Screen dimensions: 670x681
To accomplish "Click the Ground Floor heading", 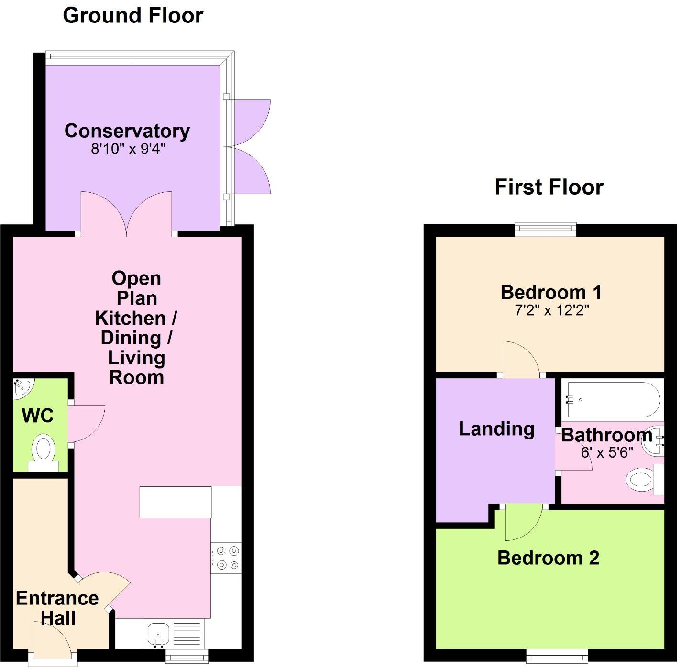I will pyautogui.click(x=133, y=15).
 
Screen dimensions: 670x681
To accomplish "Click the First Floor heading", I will pyautogui.click(x=549, y=187).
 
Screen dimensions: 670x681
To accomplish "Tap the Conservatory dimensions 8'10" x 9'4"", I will pyautogui.click(x=128, y=149).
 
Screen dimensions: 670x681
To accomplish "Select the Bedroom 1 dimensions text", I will pyautogui.click(x=551, y=310).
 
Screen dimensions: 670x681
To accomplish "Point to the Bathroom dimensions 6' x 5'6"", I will pyautogui.click(x=607, y=452).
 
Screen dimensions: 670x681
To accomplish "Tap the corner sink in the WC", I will pyautogui.click(x=22, y=387).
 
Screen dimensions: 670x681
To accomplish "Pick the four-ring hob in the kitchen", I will pyautogui.click(x=227, y=558).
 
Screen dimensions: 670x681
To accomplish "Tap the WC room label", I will pyautogui.click(x=38, y=416).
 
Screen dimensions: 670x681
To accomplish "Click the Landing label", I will pyautogui.click(x=496, y=428).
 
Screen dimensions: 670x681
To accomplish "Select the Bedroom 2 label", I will pyautogui.click(x=548, y=558).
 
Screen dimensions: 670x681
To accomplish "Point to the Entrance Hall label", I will pyautogui.click(x=57, y=608).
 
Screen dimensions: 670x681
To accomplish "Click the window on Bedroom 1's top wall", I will pyautogui.click(x=546, y=230).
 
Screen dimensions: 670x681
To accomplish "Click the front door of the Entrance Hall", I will pyautogui.click(x=52, y=638).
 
